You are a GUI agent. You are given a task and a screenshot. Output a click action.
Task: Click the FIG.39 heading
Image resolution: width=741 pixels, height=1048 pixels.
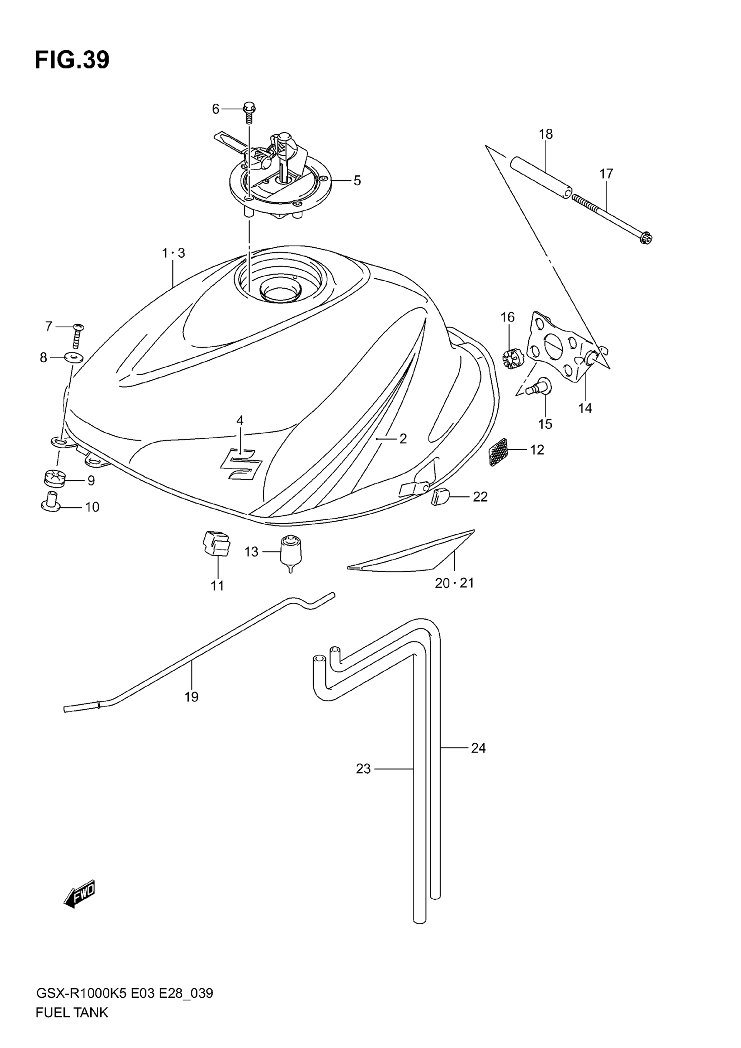point(72,60)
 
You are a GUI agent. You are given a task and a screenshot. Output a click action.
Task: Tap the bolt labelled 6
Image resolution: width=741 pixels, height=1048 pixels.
point(250,112)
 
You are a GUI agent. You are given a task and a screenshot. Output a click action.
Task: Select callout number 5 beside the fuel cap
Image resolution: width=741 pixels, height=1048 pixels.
point(357,181)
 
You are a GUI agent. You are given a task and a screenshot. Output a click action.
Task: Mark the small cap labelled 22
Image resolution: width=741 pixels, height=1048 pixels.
point(440,497)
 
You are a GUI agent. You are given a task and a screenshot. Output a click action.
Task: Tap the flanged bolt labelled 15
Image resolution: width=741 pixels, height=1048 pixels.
point(540,386)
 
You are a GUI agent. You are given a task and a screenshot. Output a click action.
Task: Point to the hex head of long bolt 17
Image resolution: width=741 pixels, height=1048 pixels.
point(646,238)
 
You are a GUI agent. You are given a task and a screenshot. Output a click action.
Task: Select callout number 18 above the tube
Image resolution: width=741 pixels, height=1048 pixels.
point(545,134)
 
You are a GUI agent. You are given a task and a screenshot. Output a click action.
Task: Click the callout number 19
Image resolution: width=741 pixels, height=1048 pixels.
point(192,697)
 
